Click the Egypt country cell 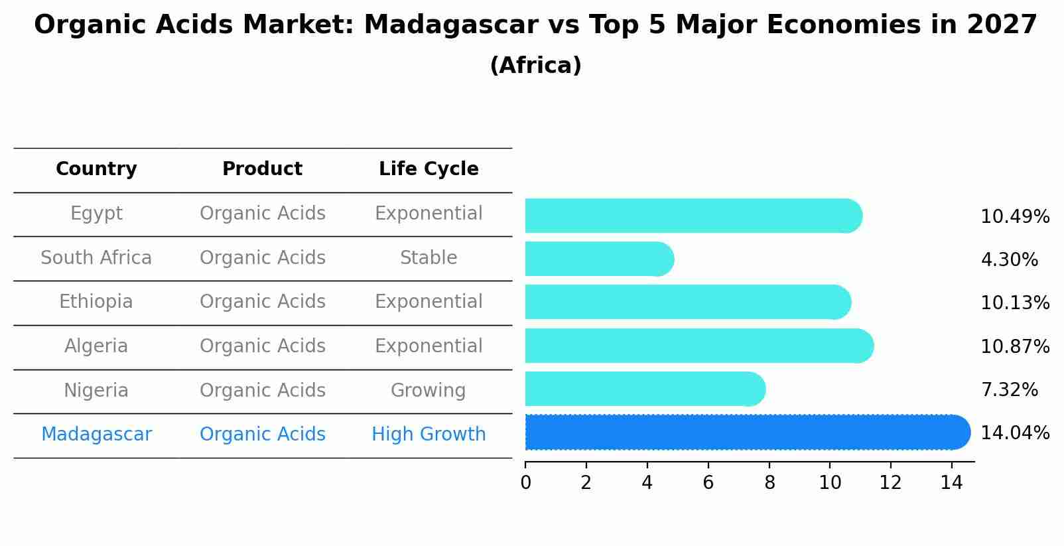(96, 214)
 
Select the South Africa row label (96, 258)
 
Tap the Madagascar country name (96, 435)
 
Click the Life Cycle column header (429, 169)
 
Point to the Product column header (262, 169)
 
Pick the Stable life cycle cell (429, 258)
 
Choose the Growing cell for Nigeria (429, 391)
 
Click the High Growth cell (429, 435)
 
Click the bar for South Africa (597, 259)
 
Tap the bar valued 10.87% (697, 346)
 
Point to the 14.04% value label (1015, 433)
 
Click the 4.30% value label (1009, 260)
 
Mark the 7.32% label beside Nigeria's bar (1009, 390)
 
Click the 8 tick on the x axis (769, 483)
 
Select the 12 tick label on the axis (891, 483)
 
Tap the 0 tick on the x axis (525, 483)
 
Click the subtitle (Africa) (535, 66)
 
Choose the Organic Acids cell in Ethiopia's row (262, 302)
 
